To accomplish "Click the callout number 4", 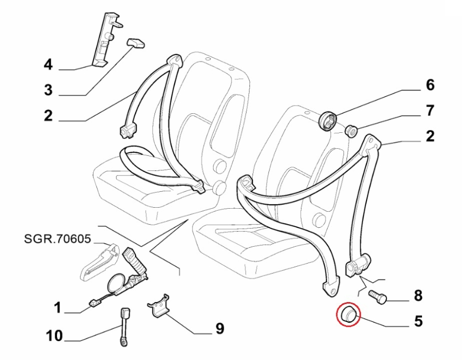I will tap(48, 65).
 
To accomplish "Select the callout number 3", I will tap(48, 91).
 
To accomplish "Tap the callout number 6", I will tap(430, 85).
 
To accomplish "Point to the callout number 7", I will tap(430, 110).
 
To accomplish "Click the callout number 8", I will tap(418, 295).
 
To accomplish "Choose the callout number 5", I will tap(418, 322).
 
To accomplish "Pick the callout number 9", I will tap(220, 328).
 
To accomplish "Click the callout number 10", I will tap(54, 336).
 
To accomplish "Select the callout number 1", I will tap(58, 308).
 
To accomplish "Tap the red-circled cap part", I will tap(349, 314).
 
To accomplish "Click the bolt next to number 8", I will tap(378, 296).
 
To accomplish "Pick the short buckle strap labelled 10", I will tap(125, 327).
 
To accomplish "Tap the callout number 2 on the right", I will tap(430, 136).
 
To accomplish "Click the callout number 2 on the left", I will tap(48, 116).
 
